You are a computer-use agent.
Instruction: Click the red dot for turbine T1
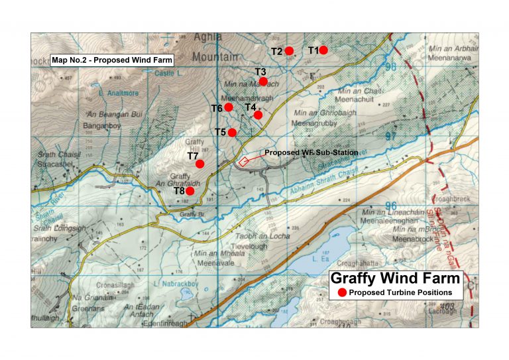[x=323, y=50]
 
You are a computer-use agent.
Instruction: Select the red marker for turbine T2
[x=289, y=51]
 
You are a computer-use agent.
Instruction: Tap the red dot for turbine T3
[x=263, y=82]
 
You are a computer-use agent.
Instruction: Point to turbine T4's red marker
[x=258, y=115]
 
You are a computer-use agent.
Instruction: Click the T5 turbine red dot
[x=232, y=132]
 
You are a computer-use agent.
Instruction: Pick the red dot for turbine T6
[x=228, y=107]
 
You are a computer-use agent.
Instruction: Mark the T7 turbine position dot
[x=199, y=163]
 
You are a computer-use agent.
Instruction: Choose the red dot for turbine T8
[x=190, y=191]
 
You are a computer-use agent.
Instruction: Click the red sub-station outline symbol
[x=244, y=160]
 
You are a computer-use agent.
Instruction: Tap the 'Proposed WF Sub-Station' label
[x=311, y=152]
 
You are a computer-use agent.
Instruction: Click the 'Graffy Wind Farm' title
[x=386, y=278]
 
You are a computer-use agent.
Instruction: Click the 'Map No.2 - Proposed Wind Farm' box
[x=112, y=60]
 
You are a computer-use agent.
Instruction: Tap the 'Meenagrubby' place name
[x=315, y=122]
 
